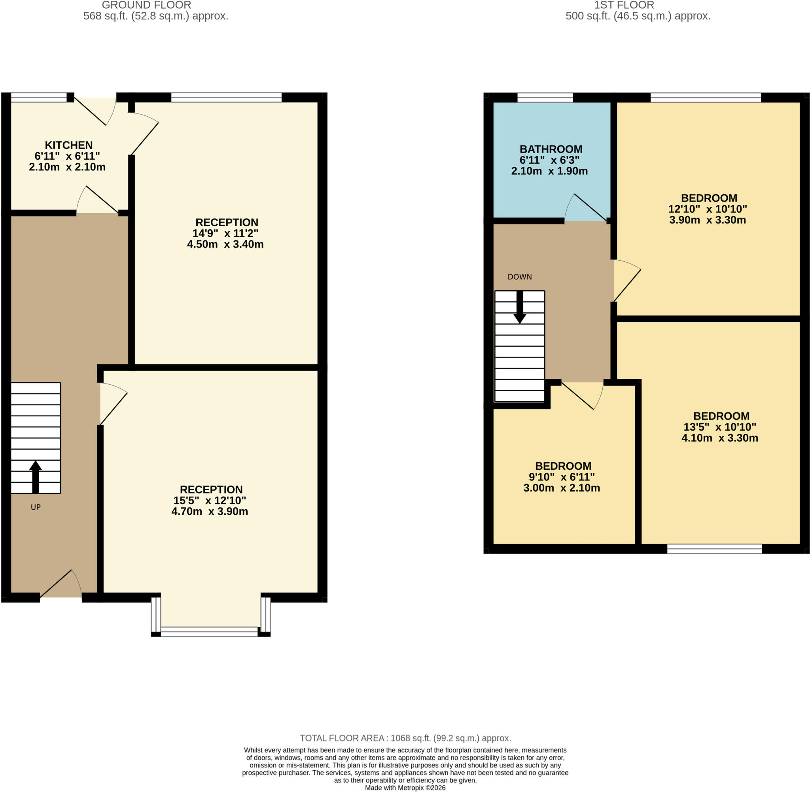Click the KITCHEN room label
click(x=69, y=145)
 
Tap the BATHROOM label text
click(x=551, y=149)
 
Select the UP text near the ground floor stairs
click(x=36, y=507)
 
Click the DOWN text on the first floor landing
click(x=520, y=277)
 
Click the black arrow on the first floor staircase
click(x=520, y=307)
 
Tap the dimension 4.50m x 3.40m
click(x=225, y=244)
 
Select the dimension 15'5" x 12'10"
click(x=210, y=501)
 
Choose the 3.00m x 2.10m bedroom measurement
click(x=562, y=488)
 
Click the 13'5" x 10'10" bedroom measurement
click(x=720, y=427)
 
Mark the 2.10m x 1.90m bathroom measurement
click(x=549, y=171)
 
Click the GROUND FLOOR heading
click(x=146, y=5)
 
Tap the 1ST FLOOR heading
click(x=624, y=5)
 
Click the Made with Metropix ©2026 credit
click(x=405, y=787)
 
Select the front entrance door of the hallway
click(x=61, y=584)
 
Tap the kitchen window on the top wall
click(x=39, y=97)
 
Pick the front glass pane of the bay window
click(x=209, y=631)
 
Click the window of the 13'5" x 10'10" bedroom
click(x=715, y=549)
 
